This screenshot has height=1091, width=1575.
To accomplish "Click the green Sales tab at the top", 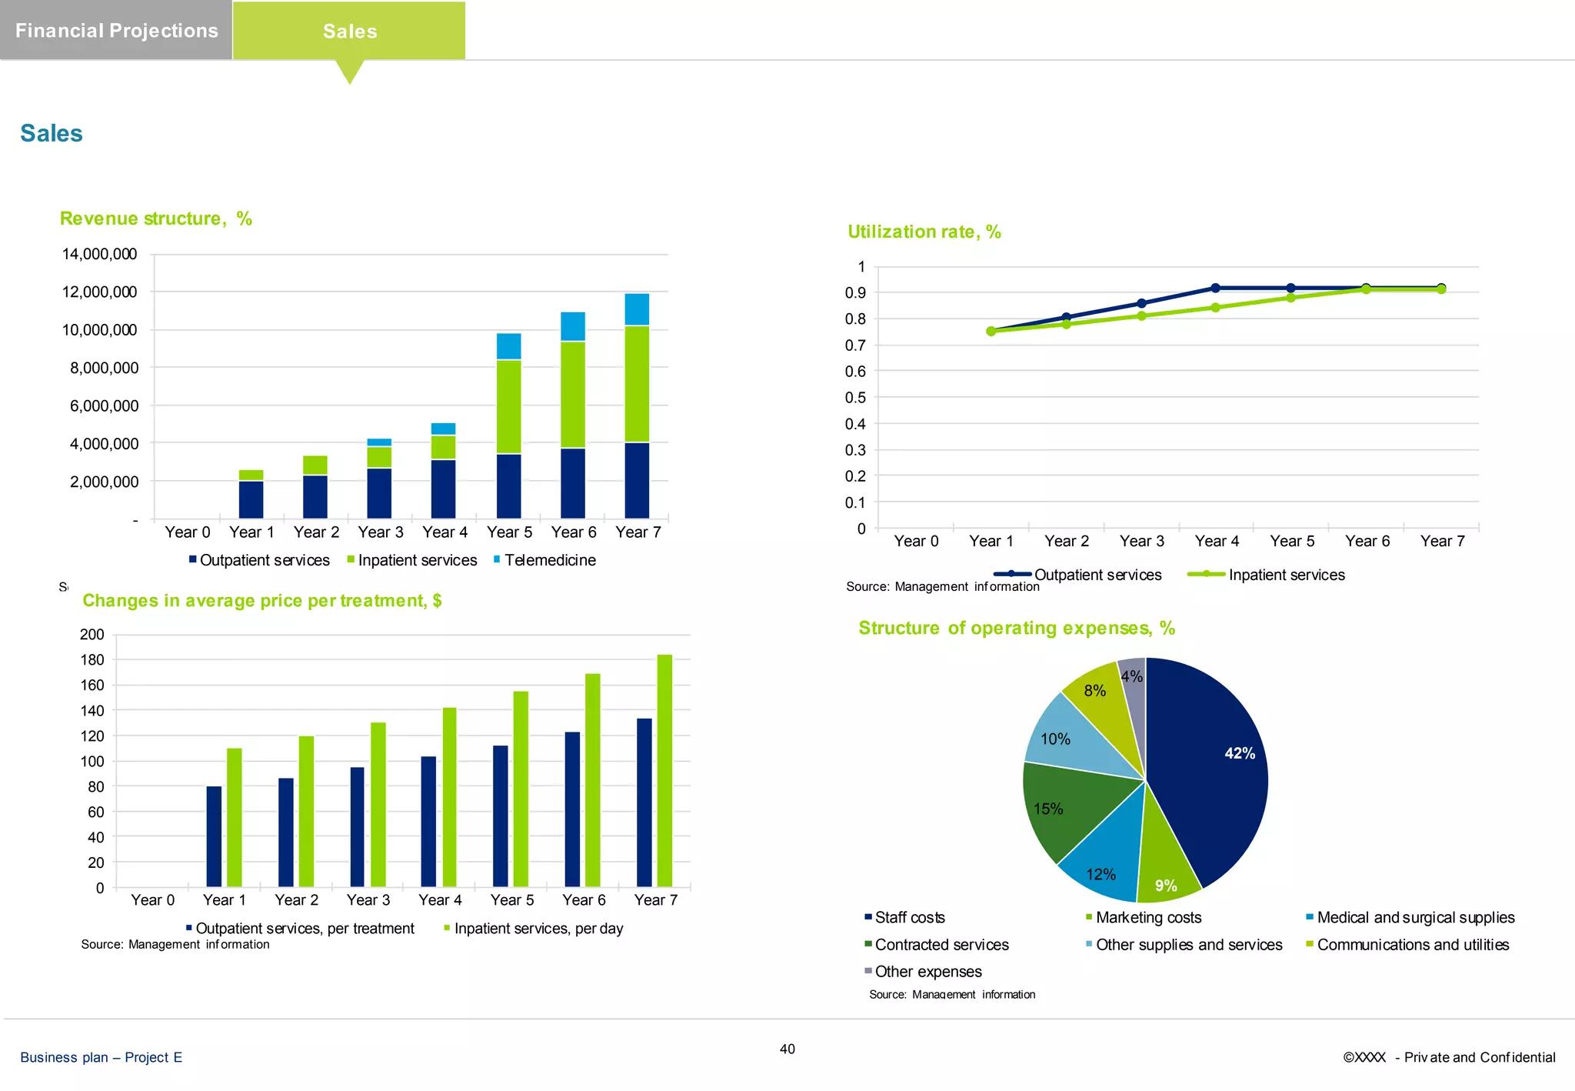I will point(349,31).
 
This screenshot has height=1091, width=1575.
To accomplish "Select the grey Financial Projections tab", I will point(116,31).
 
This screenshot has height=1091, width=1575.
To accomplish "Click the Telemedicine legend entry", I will point(549,560).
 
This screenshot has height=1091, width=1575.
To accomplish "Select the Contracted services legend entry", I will point(941,945).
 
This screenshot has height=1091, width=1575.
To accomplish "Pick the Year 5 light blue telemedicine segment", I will point(508,346).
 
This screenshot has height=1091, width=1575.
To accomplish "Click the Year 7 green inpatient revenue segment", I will point(637,383).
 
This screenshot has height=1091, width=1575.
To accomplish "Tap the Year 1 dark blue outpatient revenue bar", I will point(251,499).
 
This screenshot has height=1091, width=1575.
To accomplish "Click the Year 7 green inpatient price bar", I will point(664,769).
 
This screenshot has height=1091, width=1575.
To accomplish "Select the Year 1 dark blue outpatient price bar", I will point(214,836).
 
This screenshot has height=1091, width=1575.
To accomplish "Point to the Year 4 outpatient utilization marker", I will point(1216,289).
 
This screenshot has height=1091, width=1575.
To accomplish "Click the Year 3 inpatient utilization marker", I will point(1141,316).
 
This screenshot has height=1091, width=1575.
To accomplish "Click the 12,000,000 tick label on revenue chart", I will point(99,292).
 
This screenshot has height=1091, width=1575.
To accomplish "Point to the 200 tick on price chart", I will point(92,635).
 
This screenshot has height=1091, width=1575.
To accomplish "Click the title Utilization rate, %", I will point(924,232).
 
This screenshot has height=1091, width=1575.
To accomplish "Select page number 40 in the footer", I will point(787,1049).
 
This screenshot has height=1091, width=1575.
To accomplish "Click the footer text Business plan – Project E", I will point(102,1057).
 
